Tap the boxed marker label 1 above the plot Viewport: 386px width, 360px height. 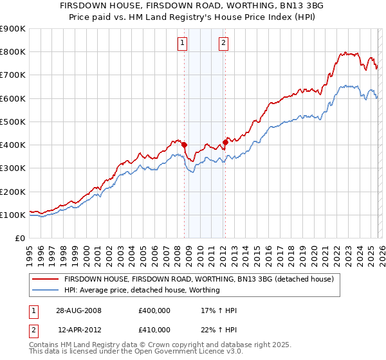pos(182,43)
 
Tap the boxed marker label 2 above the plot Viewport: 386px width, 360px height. pos(223,43)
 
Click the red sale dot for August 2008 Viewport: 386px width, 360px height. pos(184,145)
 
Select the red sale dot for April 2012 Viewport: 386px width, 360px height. pos(225,142)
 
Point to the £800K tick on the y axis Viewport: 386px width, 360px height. pos(14,52)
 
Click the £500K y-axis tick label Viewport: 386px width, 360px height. pos(14,122)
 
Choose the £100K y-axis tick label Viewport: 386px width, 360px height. pos(14,215)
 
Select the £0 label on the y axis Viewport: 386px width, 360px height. pos(21,239)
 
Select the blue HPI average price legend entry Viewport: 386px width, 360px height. pos(142,291)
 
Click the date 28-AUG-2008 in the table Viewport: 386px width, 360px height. pos(79,310)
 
